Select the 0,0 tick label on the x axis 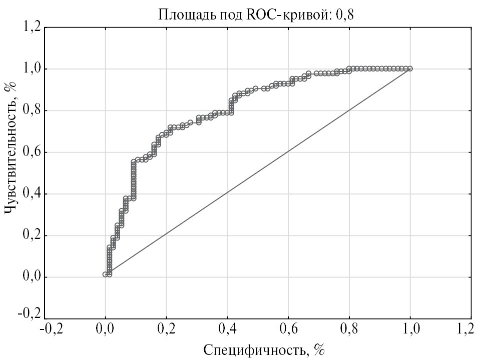pos(105,329)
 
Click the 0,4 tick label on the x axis pos(227,329)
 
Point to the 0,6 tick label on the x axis pos(288,329)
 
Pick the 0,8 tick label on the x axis pos(349,329)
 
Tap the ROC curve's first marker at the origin pos(105,274)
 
